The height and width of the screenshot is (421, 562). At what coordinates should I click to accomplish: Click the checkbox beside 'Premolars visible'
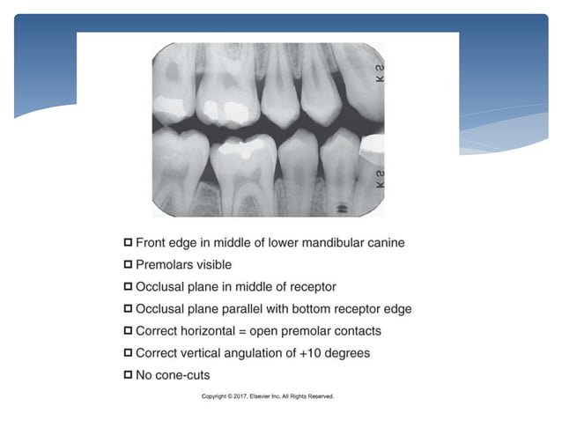click(129, 264)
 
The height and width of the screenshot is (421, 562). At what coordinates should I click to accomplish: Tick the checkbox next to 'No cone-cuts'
click(129, 375)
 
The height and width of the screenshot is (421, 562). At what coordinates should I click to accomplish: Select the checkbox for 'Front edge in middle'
click(129, 241)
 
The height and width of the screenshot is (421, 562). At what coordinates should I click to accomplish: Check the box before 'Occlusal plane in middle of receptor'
click(129, 286)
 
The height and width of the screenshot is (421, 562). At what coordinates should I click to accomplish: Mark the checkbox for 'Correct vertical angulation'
click(129, 353)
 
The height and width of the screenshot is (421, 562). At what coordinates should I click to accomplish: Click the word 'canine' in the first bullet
click(385, 241)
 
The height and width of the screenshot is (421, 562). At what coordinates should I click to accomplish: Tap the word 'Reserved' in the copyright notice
click(319, 397)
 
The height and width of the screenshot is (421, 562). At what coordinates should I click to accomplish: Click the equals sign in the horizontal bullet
click(249, 331)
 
